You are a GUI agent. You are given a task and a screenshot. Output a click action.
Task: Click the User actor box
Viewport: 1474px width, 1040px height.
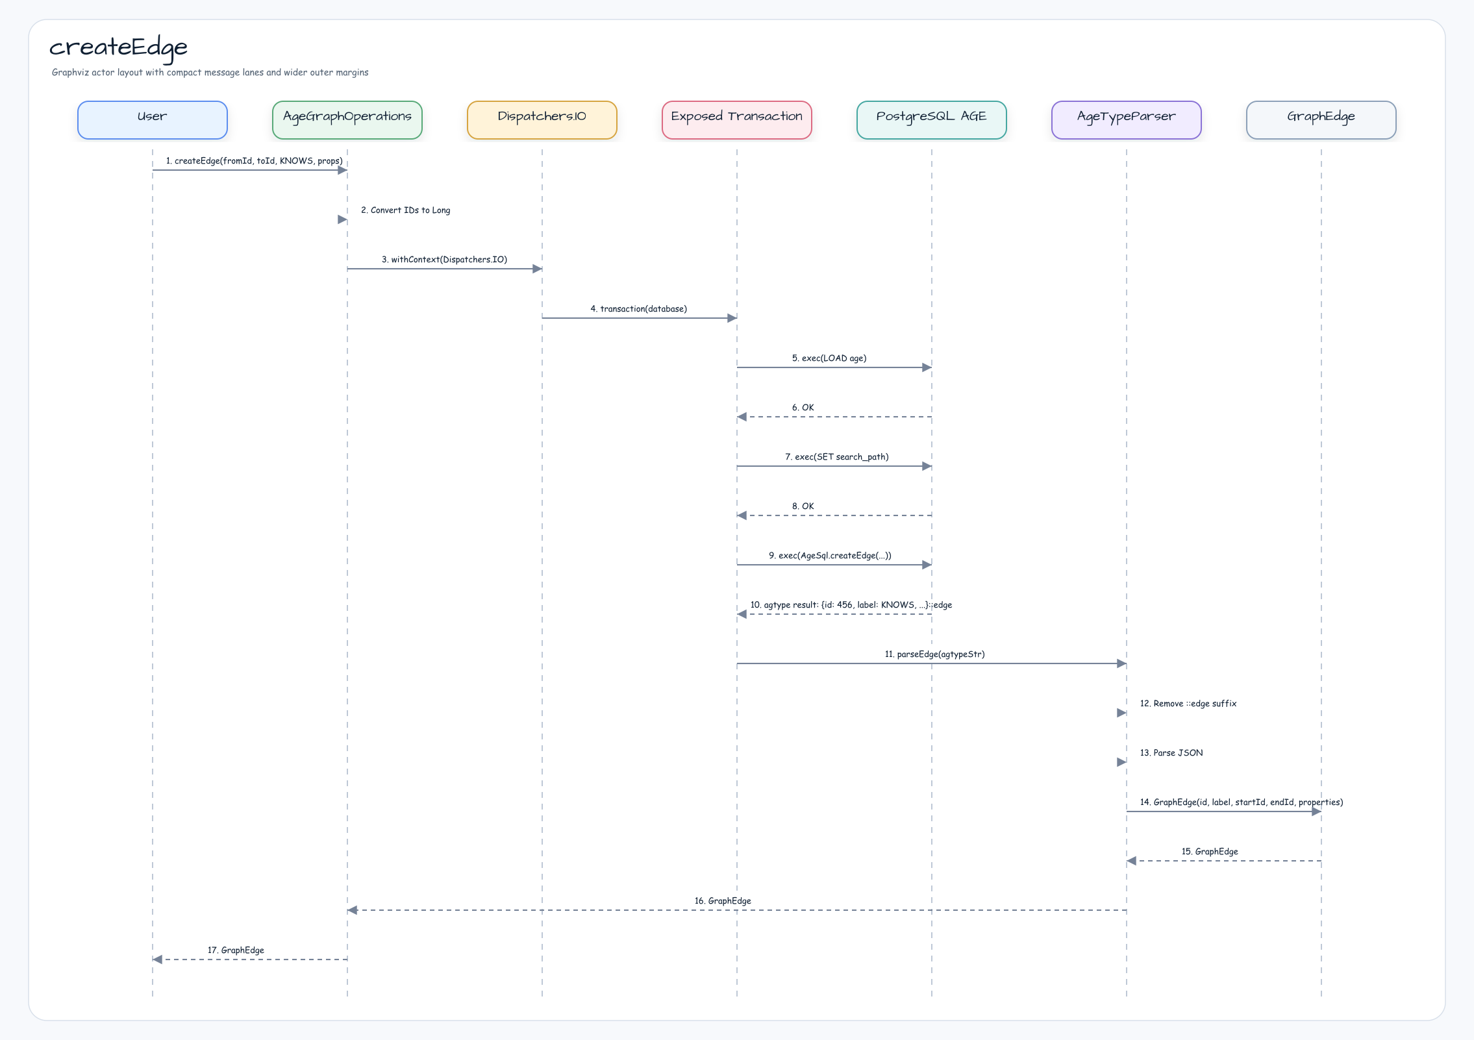[153, 120]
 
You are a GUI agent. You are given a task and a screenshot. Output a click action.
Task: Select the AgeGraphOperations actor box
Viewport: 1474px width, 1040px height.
[347, 120]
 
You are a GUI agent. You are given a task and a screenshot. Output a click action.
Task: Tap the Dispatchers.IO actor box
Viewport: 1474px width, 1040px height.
[542, 120]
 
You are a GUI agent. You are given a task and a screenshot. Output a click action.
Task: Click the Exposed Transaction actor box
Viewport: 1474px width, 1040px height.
[737, 120]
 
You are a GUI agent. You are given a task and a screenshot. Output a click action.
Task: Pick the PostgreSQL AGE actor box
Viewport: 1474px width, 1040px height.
[932, 120]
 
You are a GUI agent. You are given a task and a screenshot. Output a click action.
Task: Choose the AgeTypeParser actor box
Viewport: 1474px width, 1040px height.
[1127, 120]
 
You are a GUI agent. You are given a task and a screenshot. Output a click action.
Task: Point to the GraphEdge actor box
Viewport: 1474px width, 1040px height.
[1321, 120]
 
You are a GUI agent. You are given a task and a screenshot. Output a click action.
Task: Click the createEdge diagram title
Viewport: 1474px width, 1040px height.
[118, 48]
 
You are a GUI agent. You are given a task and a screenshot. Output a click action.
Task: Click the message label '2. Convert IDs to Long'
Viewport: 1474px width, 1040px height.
[406, 210]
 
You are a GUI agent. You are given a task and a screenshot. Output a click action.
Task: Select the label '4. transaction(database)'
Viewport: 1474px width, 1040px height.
[638, 309]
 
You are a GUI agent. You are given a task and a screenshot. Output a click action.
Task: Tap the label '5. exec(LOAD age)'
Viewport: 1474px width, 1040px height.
[829, 358]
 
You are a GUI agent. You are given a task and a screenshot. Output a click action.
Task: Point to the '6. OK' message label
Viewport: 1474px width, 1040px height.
[803, 408]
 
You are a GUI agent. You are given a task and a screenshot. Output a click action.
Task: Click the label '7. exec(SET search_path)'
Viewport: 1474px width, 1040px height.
[837, 457]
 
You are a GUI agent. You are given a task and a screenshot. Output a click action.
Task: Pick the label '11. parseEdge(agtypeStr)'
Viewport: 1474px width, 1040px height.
[935, 654]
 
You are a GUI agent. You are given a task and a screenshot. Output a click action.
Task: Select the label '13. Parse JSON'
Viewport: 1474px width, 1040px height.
[1171, 753]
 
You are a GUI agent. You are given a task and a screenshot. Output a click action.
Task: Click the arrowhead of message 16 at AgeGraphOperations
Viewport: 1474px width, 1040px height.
[353, 910]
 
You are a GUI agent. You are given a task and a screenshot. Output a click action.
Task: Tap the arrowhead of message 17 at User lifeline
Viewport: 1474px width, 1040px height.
[158, 960]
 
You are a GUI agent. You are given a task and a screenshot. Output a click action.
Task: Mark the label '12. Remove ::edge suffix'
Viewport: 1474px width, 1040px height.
[1188, 704]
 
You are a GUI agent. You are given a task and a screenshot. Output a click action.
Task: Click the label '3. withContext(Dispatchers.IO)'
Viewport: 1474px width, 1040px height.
[445, 260]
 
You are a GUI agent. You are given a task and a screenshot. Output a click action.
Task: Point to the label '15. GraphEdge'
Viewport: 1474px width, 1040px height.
[1210, 852]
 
